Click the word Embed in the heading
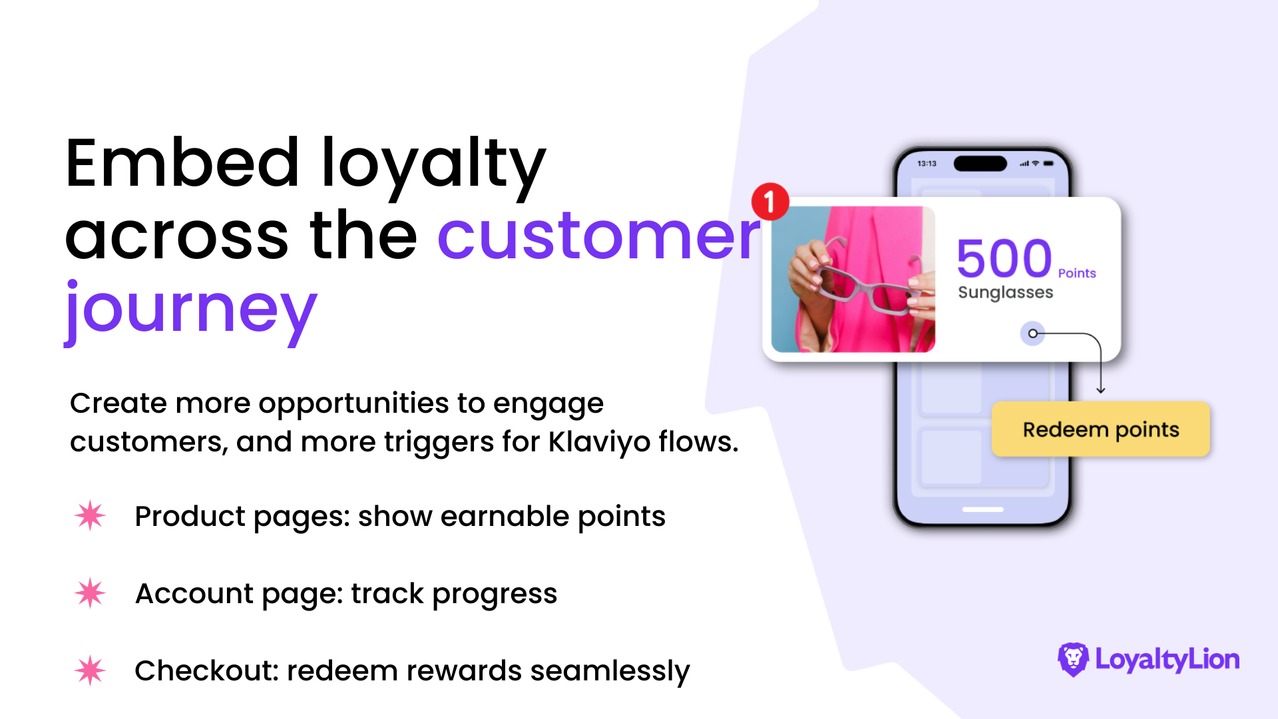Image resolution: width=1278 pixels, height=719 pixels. [x=182, y=162]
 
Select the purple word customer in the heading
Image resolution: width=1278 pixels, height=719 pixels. [x=599, y=236]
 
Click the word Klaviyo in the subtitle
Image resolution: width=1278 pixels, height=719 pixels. [x=599, y=442]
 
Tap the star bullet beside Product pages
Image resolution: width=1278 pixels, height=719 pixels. [x=90, y=515]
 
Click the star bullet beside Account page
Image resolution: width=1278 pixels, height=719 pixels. [x=90, y=593]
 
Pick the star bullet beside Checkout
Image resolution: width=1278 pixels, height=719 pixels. [x=90, y=670]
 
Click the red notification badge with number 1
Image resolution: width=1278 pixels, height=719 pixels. [x=770, y=201]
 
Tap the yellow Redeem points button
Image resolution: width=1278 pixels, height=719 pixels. [x=1101, y=429]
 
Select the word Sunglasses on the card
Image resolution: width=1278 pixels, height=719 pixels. [x=1006, y=293]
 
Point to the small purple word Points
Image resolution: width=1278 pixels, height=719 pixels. [x=1077, y=273]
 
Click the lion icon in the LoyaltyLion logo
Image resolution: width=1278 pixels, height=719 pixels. [x=1073, y=659]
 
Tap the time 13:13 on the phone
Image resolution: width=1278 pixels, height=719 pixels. [x=927, y=163]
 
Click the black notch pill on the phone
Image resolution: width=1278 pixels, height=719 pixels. [x=980, y=163]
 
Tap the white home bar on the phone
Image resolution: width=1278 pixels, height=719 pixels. [x=983, y=509]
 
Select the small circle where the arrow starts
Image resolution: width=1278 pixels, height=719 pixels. [x=1032, y=334]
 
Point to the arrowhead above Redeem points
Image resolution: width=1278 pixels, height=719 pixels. [x=1101, y=390]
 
